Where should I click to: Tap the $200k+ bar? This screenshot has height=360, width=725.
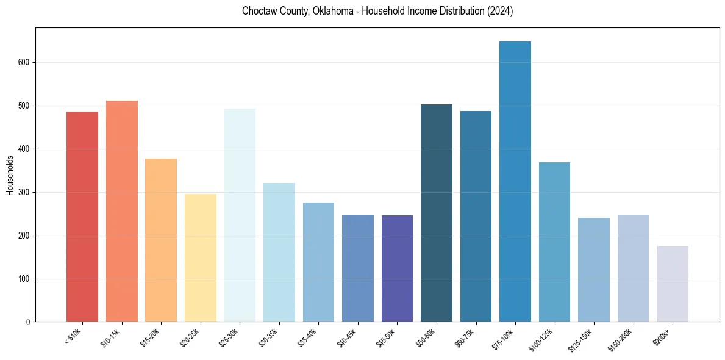[673, 284]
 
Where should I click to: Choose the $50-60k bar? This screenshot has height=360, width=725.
[437, 213]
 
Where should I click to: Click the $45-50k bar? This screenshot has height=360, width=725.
[397, 268]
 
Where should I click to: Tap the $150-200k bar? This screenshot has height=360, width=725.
[633, 268]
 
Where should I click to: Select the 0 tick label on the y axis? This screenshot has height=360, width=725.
[28, 322]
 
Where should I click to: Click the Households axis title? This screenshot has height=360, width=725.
[10, 175]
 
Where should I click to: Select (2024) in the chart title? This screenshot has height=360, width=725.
[499, 11]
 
